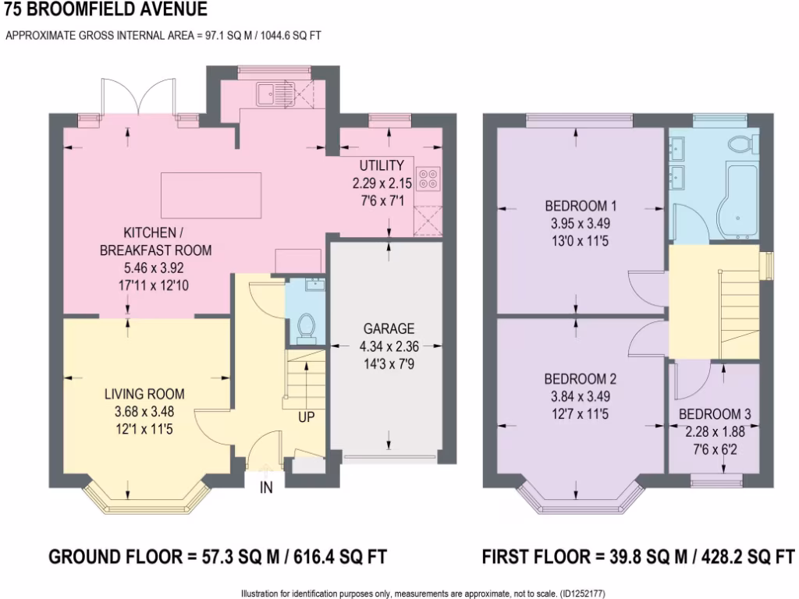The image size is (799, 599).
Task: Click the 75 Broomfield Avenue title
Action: pos(106,9)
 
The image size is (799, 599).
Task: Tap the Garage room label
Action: pos(388,328)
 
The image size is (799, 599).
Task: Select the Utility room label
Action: pos(381,165)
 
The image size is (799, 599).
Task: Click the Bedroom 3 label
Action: pos(715,414)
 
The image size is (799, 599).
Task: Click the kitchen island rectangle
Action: pos(211,188)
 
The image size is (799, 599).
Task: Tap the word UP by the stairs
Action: pos(306,418)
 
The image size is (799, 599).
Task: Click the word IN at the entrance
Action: pos(267,488)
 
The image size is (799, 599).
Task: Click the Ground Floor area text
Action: pos(218,557)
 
